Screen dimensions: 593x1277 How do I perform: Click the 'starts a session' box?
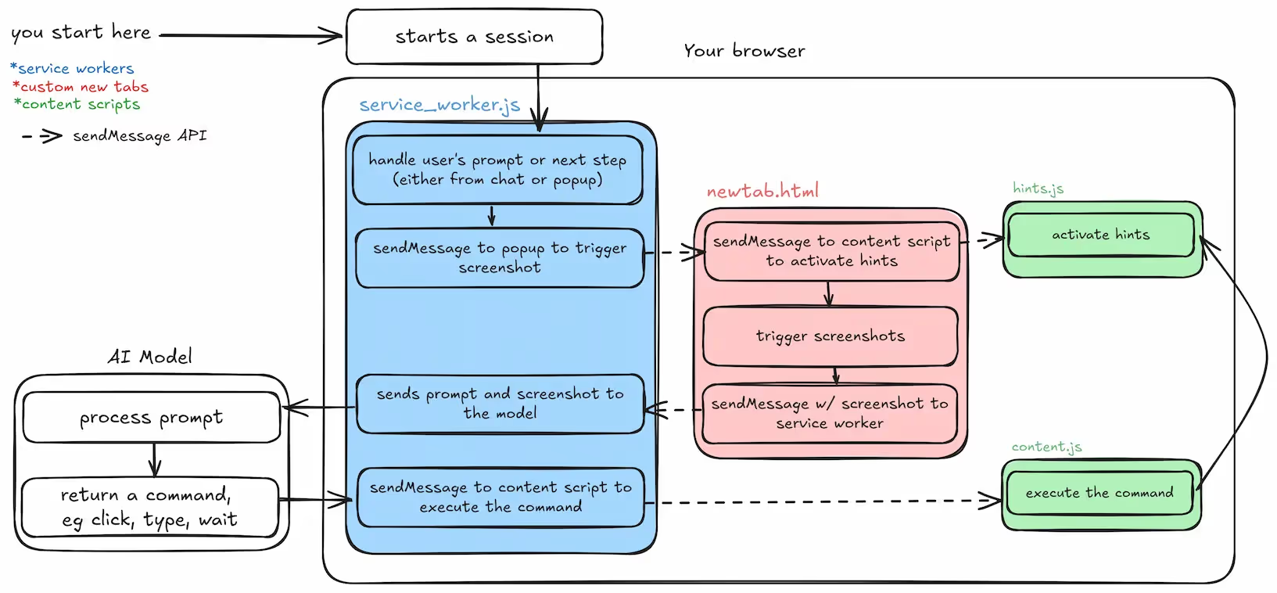tap(474, 37)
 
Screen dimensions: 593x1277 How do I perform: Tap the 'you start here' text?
tap(81, 33)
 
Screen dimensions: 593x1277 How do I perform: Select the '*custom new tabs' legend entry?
tap(81, 87)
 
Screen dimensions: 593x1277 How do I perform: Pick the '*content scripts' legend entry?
tap(77, 104)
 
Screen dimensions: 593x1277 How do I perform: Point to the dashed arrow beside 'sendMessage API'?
tap(42, 137)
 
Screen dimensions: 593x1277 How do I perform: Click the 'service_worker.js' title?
tap(439, 106)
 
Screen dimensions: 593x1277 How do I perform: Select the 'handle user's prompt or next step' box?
tap(497, 170)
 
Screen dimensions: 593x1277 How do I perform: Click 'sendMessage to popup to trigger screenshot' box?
tap(500, 258)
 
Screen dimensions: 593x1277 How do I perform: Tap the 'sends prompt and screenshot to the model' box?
tap(500, 404)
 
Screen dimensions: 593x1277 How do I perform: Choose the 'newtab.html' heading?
tap(762, 192)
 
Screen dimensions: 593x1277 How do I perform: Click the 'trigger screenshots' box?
tap(830, 336)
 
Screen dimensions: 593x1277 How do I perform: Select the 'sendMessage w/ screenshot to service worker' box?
tap(830, 413)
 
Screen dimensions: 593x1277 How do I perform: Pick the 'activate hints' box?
tap(1101, 235)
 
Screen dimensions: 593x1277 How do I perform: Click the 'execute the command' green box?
tap(1099, 493)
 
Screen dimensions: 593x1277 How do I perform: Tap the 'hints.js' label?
tap(1038, 189)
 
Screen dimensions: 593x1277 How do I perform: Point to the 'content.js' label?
tap(1046, 447)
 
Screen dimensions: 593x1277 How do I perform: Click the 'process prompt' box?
tap(151, 418)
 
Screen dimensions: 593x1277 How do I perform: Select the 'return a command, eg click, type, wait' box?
tap(149, 508)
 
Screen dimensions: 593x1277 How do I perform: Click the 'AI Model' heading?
tap(149, 357)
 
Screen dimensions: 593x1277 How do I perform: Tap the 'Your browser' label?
tap(744, 51)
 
